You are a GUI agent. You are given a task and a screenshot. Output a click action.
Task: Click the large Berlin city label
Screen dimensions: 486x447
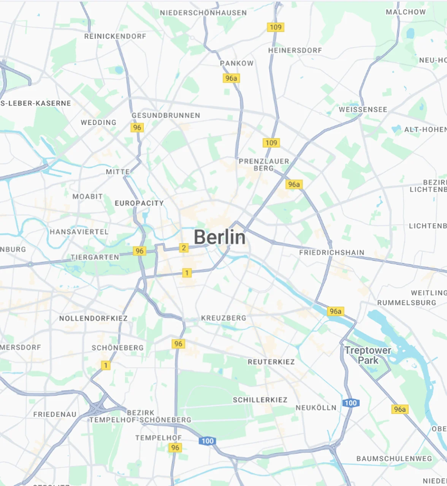(x=220, y=237)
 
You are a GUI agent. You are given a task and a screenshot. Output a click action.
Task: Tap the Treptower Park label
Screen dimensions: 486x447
(x=368, y=355)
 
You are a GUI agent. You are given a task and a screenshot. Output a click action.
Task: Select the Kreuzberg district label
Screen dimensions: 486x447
(x=223, y=318)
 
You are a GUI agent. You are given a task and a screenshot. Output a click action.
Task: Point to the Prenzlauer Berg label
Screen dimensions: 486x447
(x=264, y=164)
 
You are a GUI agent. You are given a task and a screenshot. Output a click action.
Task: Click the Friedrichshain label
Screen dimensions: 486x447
(x=331, y=252)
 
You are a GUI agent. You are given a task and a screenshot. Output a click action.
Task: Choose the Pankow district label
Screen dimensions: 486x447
(x=236, y=63)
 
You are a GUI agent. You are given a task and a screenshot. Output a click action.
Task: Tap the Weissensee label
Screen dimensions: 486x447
(x=363, y=109)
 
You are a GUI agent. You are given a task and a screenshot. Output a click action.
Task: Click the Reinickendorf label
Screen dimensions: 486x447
(x=115, y=36)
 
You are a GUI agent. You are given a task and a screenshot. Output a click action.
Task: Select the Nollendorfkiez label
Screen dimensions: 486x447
(x=93, y=318)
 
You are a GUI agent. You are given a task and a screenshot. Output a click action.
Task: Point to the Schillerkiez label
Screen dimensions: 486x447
(x=260, y=400)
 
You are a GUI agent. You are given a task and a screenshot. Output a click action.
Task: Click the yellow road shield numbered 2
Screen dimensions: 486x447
(x=184, y=248)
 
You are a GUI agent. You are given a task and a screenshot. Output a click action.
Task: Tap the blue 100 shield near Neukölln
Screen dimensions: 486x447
(x=350, y=403)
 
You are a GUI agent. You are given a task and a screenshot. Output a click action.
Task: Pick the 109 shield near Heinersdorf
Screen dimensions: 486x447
(x=276, y=27)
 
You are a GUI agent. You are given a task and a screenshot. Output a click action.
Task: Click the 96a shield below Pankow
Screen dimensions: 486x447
(x=231, y=78)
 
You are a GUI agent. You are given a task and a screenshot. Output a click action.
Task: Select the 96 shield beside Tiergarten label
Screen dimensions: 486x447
(x=139, y=251)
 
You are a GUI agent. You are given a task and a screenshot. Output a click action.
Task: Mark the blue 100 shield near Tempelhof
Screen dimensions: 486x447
(x=207, y=441)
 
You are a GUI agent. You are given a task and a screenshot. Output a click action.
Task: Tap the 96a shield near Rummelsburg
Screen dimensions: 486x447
(x=335, y=311)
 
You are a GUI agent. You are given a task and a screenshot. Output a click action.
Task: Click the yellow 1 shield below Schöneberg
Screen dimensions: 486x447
(x=106, y=365)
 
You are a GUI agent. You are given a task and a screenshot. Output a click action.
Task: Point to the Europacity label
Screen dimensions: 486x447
(x=139, y=203)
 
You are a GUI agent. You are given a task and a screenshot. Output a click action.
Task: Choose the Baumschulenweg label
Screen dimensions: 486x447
(x=394, y=459)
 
